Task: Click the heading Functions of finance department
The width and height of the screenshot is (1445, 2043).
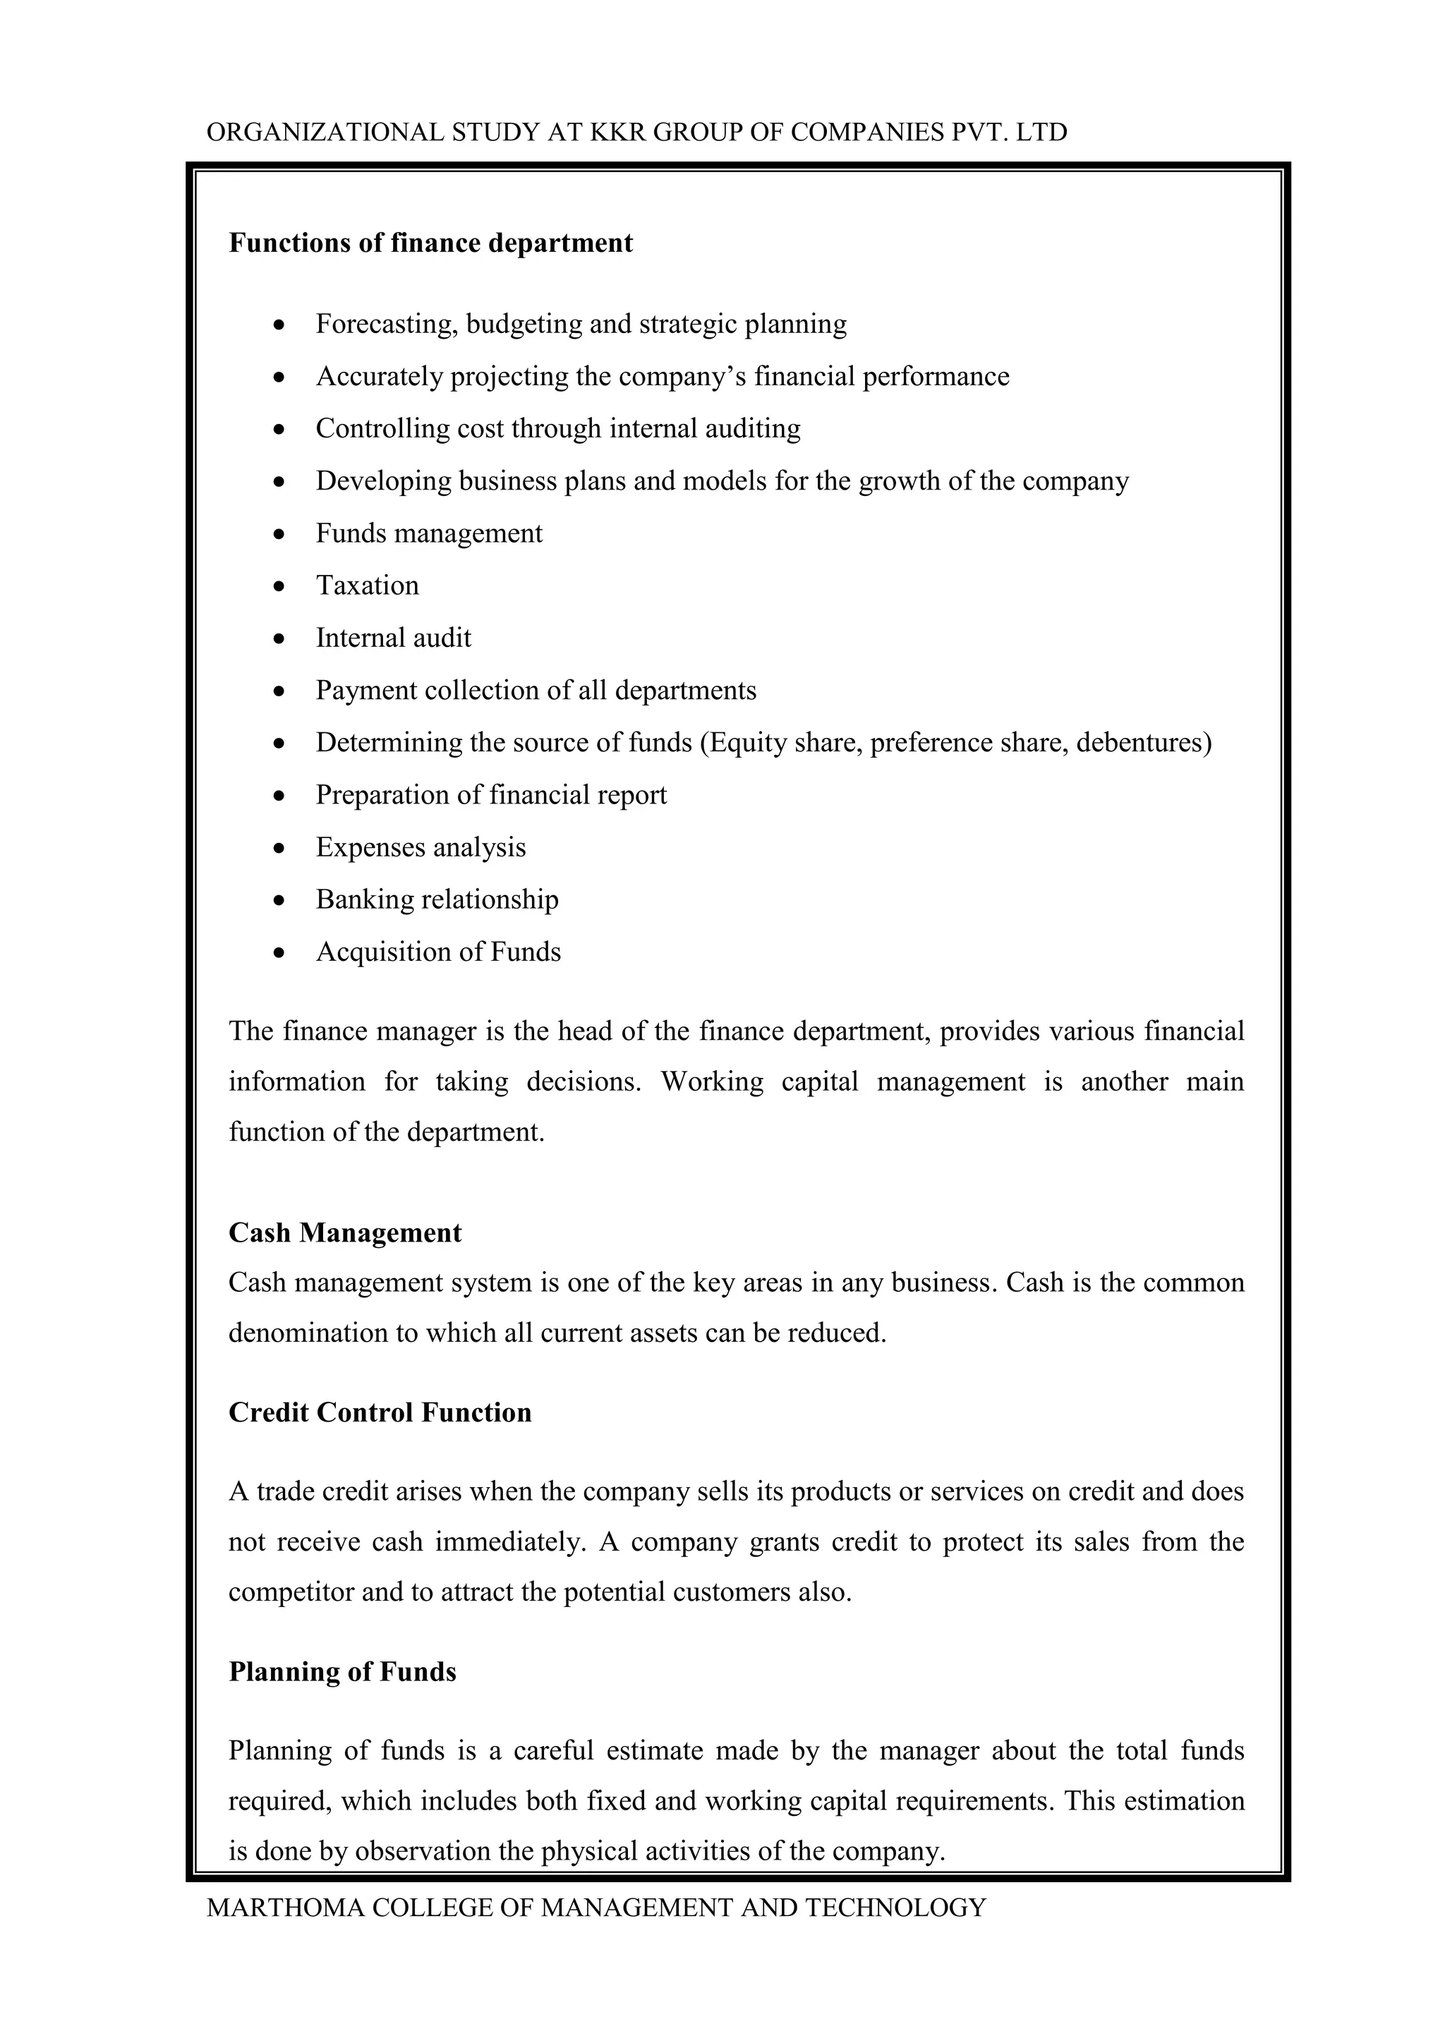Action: click(430, 243)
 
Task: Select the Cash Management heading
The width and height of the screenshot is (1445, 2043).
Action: click(345, 1232)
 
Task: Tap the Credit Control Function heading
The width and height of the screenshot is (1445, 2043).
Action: click(380, 1412)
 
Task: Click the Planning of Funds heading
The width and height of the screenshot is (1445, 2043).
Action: click(343, 1671)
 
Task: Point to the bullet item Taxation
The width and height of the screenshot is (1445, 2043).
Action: click(367, 586)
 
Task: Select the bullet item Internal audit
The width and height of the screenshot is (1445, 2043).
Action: click(393, 638)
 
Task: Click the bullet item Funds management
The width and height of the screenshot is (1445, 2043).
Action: click(429, 533)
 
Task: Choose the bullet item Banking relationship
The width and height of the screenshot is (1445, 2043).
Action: click(437, 899)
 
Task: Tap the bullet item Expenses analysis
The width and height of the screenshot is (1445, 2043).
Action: click(421, 847)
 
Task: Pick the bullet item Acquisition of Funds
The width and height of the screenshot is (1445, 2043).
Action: click(437, 952)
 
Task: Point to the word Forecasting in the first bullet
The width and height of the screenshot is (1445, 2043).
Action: click(386, 324)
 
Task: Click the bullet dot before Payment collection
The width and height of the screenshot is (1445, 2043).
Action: click(279, 691)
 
